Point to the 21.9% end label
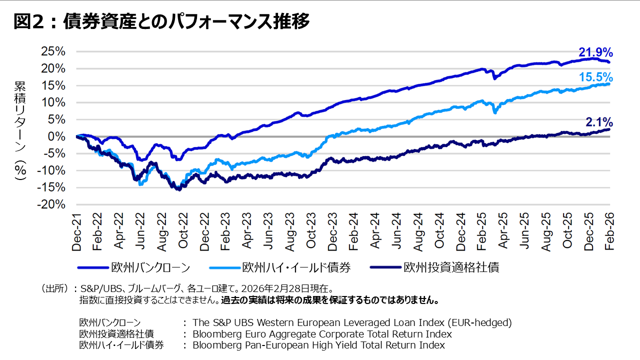(x=595, y=52)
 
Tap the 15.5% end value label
(x=595, y=77)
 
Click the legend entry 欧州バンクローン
(x=150, y=267)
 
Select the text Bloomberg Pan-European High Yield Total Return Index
(x=318, y=345)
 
